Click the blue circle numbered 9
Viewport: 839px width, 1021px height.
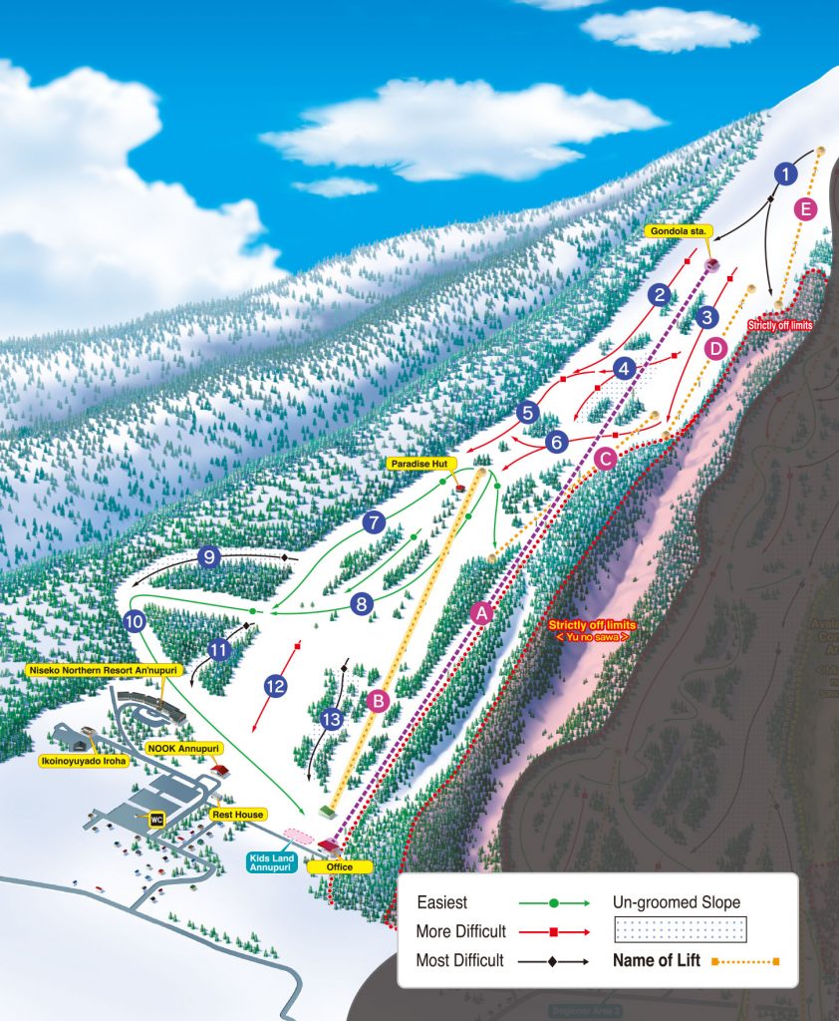(x=208, y=557)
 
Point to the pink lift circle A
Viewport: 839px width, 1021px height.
(x=482, y=614)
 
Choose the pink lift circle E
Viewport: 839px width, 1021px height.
(x=807, y=209)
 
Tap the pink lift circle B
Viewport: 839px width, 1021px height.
(x=377, y=701)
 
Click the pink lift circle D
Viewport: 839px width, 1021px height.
(x=714, y=349)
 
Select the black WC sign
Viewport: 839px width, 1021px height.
(x=155, y=820)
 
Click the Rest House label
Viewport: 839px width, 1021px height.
(x=236, y=815)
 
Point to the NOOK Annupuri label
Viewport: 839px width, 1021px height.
(x=183, y=747)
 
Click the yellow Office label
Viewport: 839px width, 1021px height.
(x=339, y=866)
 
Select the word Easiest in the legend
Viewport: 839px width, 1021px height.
(x=441, y=902)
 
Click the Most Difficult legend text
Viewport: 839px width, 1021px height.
(x=458, y=961)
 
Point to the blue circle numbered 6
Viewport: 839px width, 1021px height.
(x=556, y=441)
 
